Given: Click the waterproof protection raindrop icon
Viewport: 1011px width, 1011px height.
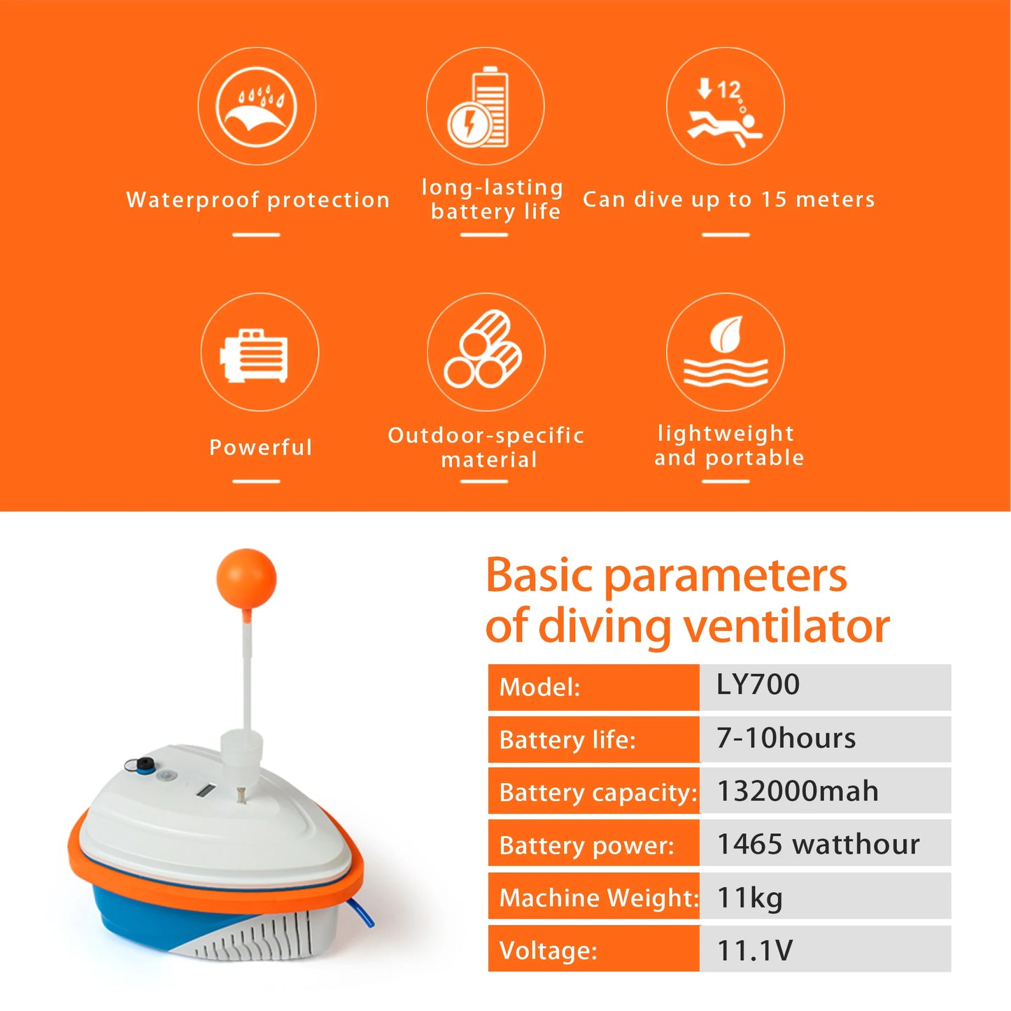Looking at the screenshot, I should [256, 106].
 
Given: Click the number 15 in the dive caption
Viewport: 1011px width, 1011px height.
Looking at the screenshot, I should [774, 199].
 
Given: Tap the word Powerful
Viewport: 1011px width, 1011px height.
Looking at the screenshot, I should [260, 447].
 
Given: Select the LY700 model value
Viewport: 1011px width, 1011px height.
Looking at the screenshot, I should [758, 685].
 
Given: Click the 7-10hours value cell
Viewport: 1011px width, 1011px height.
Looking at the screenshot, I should [786, 739].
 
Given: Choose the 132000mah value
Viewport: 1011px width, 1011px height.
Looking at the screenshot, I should [798, 791].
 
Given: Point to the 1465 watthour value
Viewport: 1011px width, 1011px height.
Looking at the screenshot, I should [818, 844].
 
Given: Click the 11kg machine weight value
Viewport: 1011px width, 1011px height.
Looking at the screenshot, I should [750, 898].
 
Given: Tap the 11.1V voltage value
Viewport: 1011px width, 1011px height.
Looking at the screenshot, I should [755, 951].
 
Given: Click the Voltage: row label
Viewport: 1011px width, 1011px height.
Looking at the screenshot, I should [549, 951].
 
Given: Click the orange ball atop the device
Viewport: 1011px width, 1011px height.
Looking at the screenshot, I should [246, 579].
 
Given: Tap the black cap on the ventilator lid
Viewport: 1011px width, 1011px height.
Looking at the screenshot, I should [143, 765].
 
